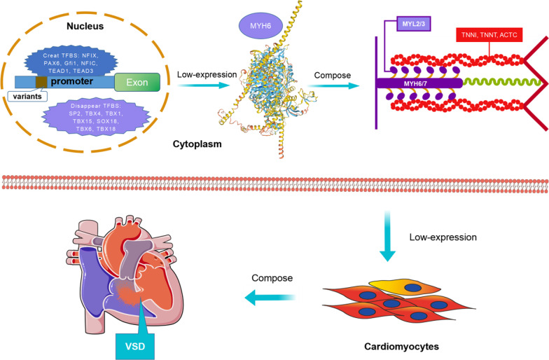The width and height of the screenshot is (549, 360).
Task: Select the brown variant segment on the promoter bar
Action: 41,82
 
